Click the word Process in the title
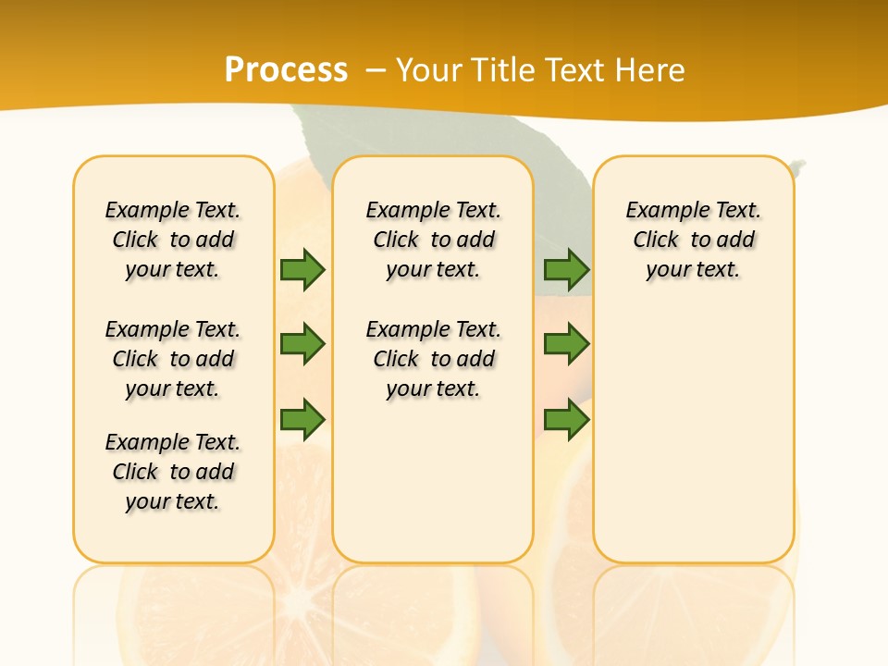click(x=286, y=70)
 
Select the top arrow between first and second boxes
click(x=302, y=270)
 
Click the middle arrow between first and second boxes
click(x=302, y=344)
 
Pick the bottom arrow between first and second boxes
click(x=302, y=420)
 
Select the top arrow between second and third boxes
click(x=566, y=270)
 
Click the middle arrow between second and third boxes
click(x=566, y=344)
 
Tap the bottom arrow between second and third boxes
click(x=566, y=420)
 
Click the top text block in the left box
click(x=173, y=240)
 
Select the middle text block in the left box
click(x=173, y=359)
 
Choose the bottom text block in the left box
click(x=173, y=472)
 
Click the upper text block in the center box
click(x=434, y=240)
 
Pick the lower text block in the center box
click(x=434, y=359)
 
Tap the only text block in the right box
click(x=694, y=240)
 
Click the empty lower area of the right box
click(x=694, y=435)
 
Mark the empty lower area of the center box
click(x=434, y=481)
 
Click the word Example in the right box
click(x=660, y=211)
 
